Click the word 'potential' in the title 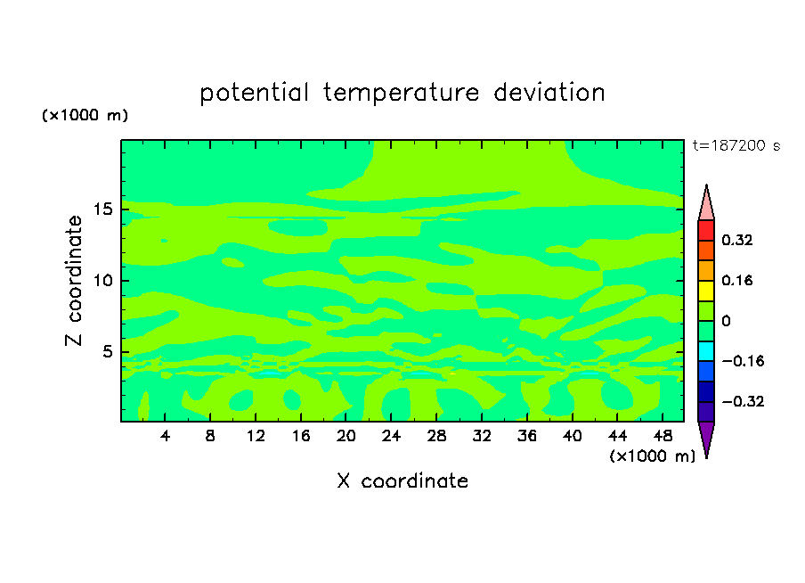[254, 93]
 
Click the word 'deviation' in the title [549, 92]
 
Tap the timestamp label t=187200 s [736, 145]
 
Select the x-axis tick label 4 [165, 436]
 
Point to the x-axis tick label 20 [346, 436]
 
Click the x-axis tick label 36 [527, 436]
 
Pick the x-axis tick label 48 [663, 436]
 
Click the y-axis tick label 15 [103, 209]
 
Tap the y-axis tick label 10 [103, 281]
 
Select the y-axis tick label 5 [107, 351]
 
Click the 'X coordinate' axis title [402, 480]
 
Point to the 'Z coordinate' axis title [74, 281]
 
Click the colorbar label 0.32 [736, 240]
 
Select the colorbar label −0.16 [743, 361]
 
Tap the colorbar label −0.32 [743, 401]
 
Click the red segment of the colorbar [706, 230]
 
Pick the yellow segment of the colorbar [706, 291]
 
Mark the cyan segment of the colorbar [706, 351]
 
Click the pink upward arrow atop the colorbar [706, 206]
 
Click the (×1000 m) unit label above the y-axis [85, 115]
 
